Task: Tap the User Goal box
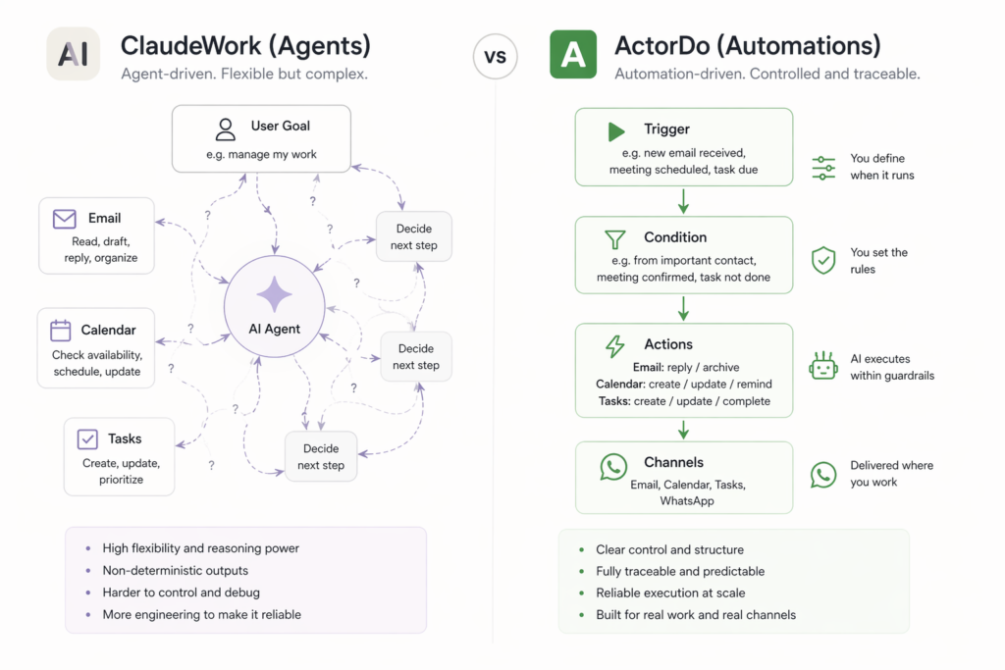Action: click(260, 138)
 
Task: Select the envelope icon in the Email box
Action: click(65, 219)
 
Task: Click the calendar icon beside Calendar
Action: click(61, 331)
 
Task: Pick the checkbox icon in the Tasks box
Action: click(87, 439)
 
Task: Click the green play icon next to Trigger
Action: click(616, 130)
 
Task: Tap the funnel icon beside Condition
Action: click(615, 238)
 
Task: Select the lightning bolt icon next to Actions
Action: click(615, 345)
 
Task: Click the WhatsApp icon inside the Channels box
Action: click(613, 466)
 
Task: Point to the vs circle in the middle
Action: click(496, 57)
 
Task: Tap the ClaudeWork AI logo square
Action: click(73, 54)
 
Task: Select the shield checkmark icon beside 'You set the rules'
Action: click(823, 260)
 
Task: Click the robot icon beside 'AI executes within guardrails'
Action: click(822, 366)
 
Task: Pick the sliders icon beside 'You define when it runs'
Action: click(823, 168)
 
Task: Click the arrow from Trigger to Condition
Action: click(684, 200)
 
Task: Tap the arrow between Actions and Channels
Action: click(684, 429)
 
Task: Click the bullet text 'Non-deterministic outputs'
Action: click(175, 571)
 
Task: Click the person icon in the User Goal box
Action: click(226, 129)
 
